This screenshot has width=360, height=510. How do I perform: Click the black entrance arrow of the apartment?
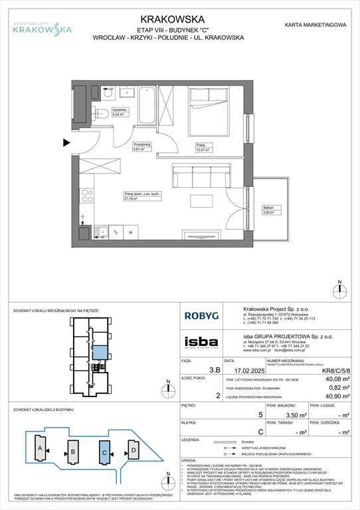pyautogui.click(x=65, y=142)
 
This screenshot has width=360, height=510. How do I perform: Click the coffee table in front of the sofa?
pyautogui.click(x=199, y=202)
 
